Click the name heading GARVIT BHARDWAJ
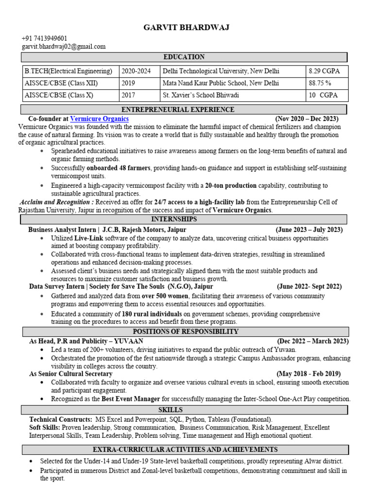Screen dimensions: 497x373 point(186,28)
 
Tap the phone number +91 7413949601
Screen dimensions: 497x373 point(44,38)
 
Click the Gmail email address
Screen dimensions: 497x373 point(63,47)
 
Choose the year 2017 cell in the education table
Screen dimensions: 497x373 point(128,95)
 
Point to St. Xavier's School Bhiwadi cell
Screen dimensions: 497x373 point(207,95)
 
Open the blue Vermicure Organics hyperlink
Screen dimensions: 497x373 point(100,118)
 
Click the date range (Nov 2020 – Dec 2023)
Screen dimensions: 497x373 point(307,118)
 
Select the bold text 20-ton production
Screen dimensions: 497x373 point(231,185)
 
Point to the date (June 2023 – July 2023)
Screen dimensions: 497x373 point(309,230)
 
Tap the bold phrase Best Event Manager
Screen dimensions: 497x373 point(131,399)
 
